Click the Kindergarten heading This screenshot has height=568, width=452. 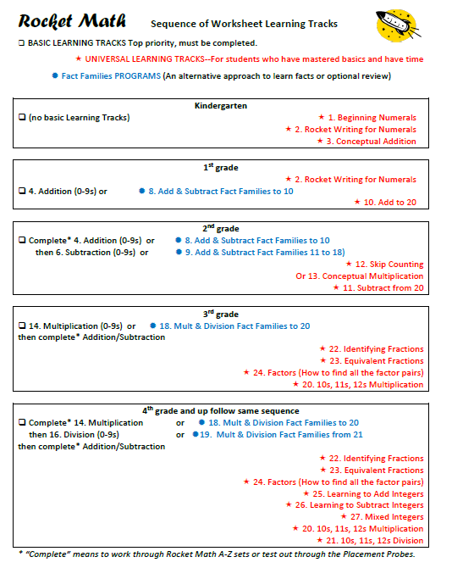coord(220,105)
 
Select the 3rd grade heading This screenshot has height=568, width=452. coord(220,314)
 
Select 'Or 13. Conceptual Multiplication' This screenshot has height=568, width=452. coord(359,276)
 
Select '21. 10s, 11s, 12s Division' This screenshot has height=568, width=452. coord(369,541)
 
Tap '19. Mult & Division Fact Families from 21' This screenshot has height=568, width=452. coord(280,434)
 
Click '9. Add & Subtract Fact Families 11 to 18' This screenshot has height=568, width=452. coord(264,252)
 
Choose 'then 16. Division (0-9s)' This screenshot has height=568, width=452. coord(74,434)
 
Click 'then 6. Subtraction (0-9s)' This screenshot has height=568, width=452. coord(85,252)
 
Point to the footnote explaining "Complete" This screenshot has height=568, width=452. coord(217,554)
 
